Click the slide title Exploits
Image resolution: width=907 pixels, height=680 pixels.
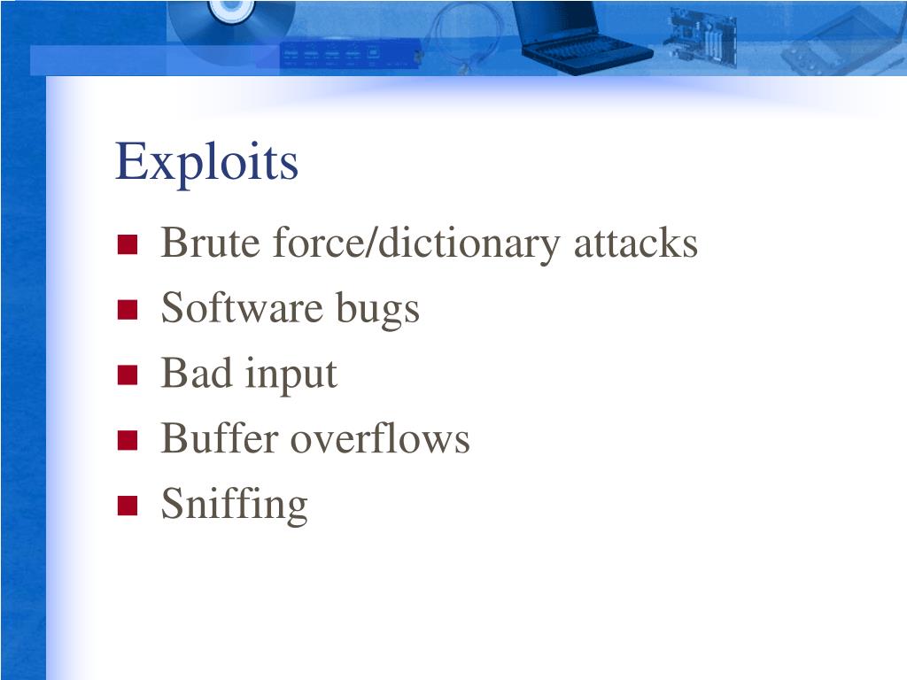tap(206, 163)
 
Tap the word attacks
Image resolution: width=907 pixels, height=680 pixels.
tap(635, 243)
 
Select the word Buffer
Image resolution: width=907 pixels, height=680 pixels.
tap(219, 438)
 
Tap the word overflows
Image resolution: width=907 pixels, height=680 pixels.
tap(380, 438)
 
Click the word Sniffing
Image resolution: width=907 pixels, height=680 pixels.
tap(234, 505)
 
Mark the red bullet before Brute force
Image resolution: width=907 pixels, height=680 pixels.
tap(128, 244)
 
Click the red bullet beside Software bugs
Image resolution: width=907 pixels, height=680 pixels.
tap(128, 310)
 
